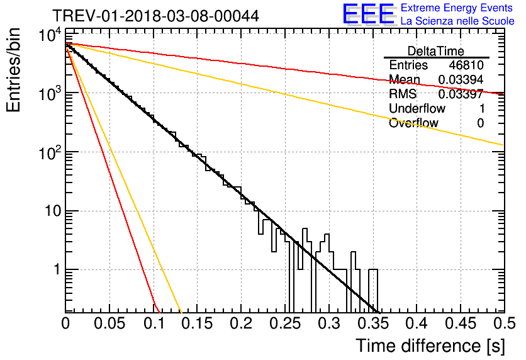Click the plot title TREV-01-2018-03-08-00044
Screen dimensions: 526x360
click(x=155, y=16)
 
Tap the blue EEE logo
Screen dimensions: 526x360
click(x=369, y=13)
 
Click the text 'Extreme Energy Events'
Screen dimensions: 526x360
click(x=457, y=8)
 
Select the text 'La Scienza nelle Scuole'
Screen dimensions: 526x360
click(x=457, y=21)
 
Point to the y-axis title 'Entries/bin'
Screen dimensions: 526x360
click(x=13, y=70)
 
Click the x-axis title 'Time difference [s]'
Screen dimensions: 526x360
click(x=430, y=346)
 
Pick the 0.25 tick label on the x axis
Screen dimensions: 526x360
click(x=285, y=323)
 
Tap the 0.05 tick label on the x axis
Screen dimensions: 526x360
click(x=109, y=323)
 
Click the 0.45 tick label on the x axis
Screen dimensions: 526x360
click(x=461, y=323)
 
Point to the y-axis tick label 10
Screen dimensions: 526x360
click(x=53, y=211)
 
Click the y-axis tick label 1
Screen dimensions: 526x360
click(x=57, y=269)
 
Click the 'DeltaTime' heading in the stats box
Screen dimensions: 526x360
click(x=436, y=51)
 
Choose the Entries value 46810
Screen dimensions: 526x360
click(x=466, y=65)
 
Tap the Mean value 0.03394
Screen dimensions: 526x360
click(x=461, y=79)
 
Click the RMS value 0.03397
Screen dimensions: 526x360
click(x=461, y=94)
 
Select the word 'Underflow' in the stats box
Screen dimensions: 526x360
click(x=417, y=108)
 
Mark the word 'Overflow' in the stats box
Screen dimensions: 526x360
click(x=413, y=123)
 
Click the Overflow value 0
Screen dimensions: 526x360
click(x=480, y=123)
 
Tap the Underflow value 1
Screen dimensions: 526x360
click(x=482, y=108)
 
